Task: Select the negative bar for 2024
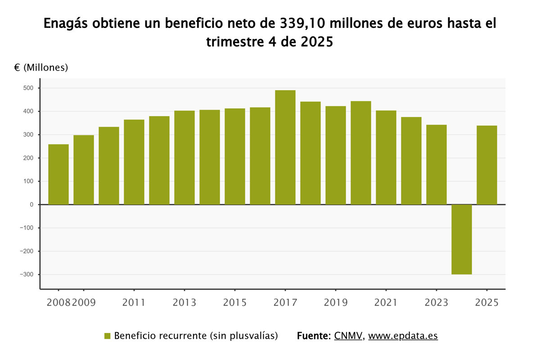462,239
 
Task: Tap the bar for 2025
487,165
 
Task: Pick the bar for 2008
58,175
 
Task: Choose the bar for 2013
184,157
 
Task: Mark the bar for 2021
386,157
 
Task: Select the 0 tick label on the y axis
32,205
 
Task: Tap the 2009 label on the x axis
84,302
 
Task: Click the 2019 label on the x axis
336,302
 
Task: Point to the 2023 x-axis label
436,302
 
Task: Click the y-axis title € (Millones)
41,67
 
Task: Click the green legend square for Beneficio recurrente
107,336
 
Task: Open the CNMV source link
348,336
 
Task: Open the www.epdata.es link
403,336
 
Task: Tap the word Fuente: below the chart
314,336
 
